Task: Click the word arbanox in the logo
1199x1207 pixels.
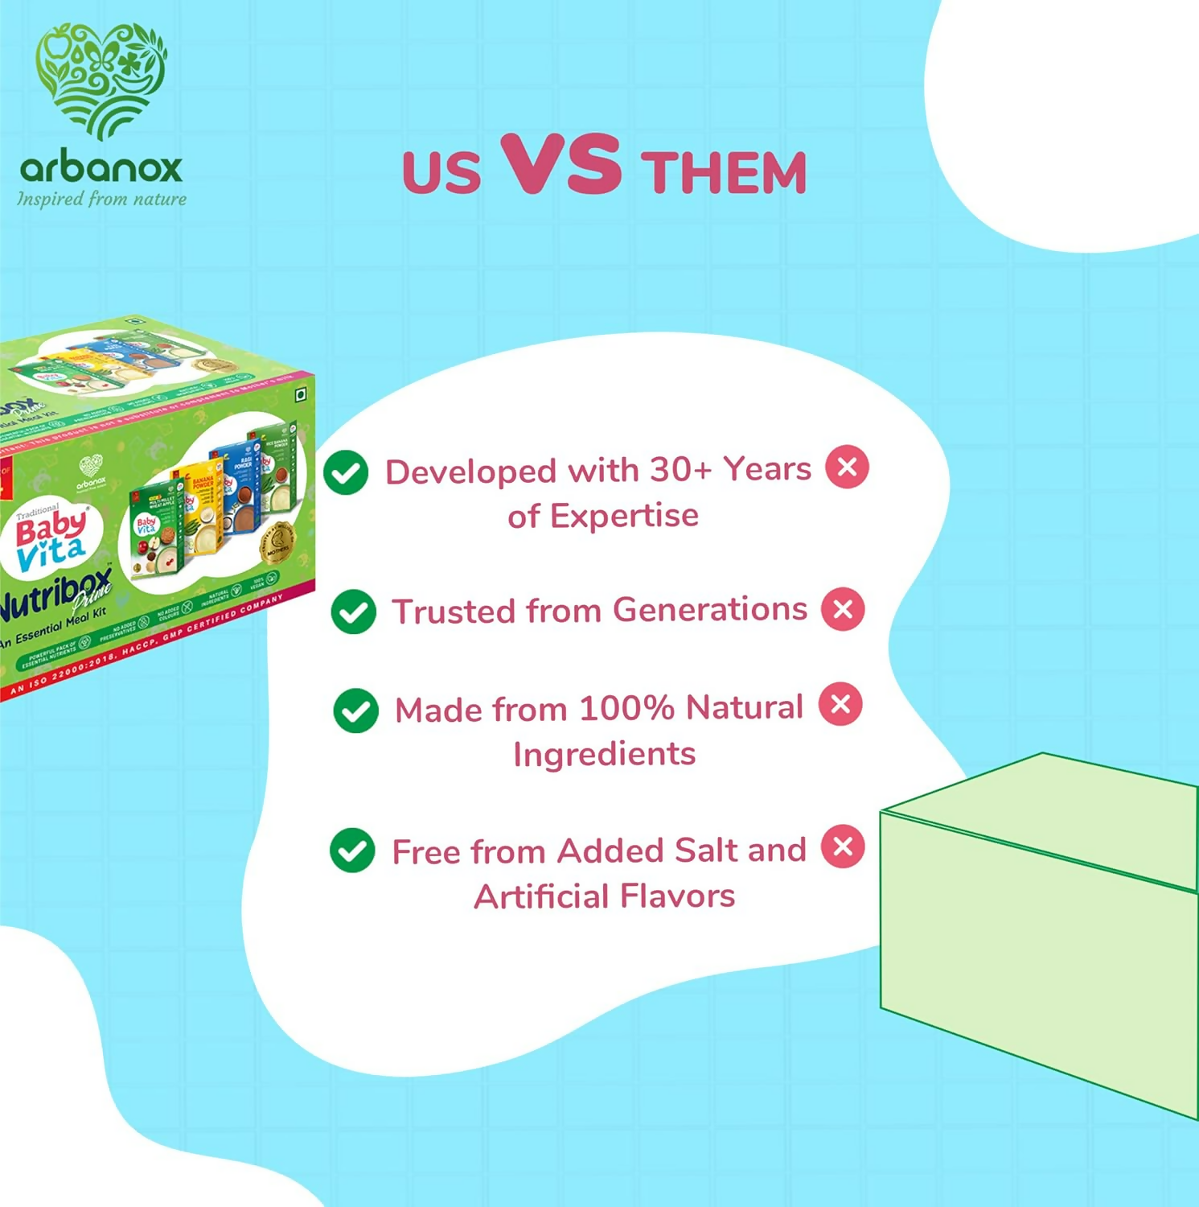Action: (x=101, y=168)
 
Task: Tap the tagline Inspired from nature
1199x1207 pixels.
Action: (x=101, y=199)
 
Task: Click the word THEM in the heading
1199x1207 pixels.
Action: (x=723, y=173)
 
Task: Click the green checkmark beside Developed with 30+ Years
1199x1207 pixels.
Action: (x=347, y=472)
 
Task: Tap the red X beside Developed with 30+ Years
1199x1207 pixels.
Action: (x=846, y=467)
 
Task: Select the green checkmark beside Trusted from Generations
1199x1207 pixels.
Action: (x=353, y=612)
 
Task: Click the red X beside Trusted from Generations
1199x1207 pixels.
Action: (x=842, y=609)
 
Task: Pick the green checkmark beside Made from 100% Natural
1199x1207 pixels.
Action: (x=355, y=711)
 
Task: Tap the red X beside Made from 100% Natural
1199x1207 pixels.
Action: (x=840, y=704)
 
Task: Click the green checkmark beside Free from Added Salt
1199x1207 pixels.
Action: (x=352, y=851)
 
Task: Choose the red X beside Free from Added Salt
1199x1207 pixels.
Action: (x=843, y=847)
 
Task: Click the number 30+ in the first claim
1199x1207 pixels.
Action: (x=681, y=470)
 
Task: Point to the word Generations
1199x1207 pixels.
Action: (x=709, y=610)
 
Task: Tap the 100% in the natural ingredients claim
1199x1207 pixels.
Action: (x=626, y=709)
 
